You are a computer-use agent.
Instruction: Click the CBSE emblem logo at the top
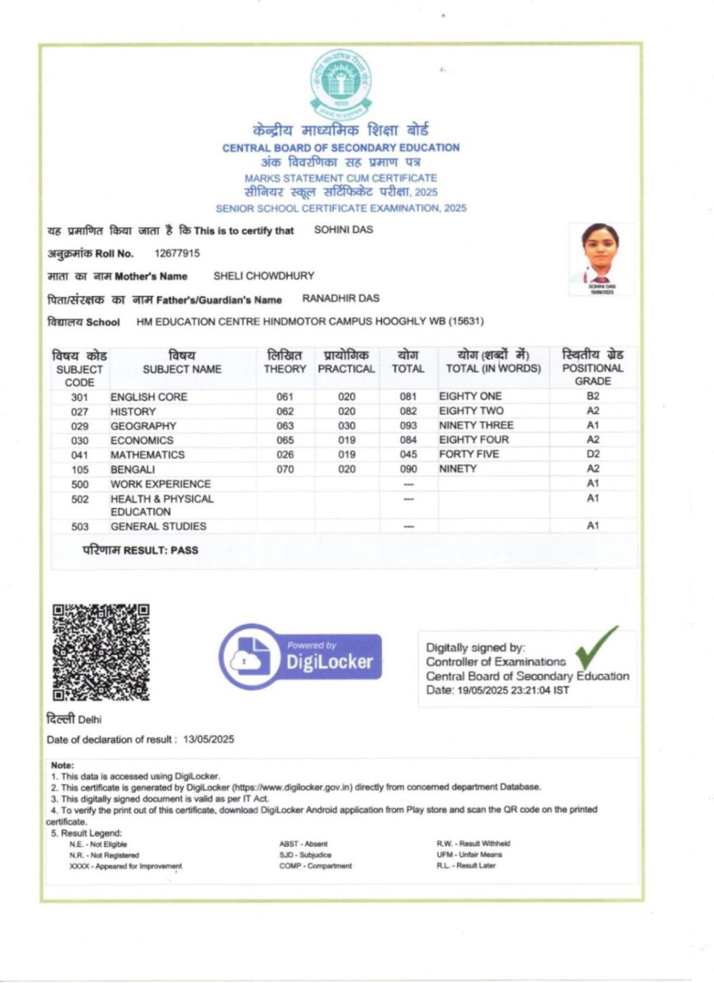click(x=341, y=85)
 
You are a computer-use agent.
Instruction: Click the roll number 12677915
click(x=177, y=254)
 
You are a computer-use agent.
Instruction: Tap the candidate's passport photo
click(x=600, y=256)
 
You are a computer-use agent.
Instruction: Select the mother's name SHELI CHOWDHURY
click(x=264, y=276)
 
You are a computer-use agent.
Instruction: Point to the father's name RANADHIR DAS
click(x=341, y=298)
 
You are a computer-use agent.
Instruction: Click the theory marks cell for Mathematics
click(x=285, y=455)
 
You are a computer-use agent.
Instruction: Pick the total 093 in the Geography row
click(x=408, y=426)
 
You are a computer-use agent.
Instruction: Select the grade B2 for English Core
click(x=593, y=396)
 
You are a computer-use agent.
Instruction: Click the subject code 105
click(x=80, y=469)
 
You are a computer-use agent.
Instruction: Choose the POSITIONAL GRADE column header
click(x=593, y=368)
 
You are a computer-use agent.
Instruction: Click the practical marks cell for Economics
click(x=347, y=440)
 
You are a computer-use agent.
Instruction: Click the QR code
click(x=101, y=652)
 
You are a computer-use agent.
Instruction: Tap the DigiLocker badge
click(x=300, y=656)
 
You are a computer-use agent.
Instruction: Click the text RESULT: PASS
click(x=161, y=550)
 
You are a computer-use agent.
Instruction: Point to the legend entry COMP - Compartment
click(x=316, y=866)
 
